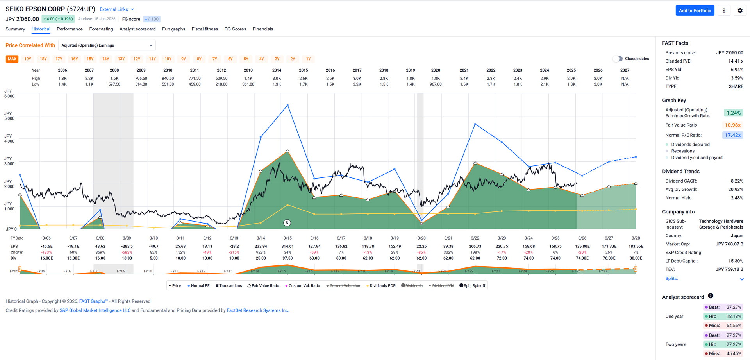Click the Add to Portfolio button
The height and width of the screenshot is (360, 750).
tap(695, 11)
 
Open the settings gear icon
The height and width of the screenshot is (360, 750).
tap(740, 11)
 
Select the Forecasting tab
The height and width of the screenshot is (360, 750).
tap(101, 29)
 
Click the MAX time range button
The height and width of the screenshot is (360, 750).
tap(12, 59)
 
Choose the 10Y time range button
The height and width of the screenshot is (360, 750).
tap(168, 59)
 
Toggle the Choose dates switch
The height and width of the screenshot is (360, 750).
tap(618, 59)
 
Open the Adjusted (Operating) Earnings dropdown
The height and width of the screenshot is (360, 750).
tap(107, 45)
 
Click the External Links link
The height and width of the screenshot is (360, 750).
tap(116, 9)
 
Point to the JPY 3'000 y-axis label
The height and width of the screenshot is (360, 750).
tap(9, 161)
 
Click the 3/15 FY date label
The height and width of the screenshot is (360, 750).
tap(287, 238)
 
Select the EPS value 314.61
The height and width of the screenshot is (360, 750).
tap(287, 246)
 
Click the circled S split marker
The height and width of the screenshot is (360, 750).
tap(287, 223)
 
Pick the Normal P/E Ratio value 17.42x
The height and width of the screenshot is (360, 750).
tap(732, 135)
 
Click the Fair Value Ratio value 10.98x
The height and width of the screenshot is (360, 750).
tap(732, 125)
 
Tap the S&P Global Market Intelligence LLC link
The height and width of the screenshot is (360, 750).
tap(95, 310)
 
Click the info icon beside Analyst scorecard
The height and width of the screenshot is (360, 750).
tap(711, 296)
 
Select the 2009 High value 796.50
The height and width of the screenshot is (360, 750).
tap(141, 79)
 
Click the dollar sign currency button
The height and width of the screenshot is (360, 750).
tap(724, 11)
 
